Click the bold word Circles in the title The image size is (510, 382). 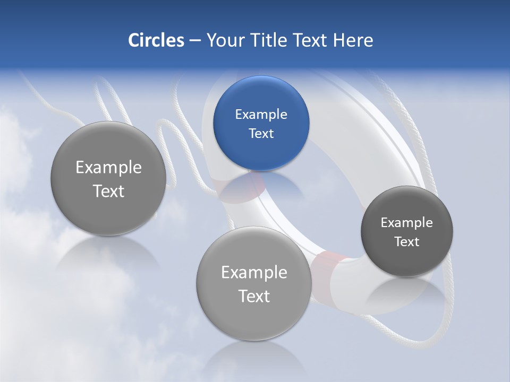pos(156,40)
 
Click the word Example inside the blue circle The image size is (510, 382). pos(261,114)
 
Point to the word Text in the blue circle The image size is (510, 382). pos(261,133)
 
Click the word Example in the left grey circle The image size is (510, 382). pos(108,168)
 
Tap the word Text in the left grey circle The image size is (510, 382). pos(108,191)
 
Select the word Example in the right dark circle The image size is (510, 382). pos(407,222)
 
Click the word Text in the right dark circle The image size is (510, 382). pos(407,241)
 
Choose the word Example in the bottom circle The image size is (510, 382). pos(254,273)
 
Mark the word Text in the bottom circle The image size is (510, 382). pos(254,296)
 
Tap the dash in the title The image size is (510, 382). pos(194,41)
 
